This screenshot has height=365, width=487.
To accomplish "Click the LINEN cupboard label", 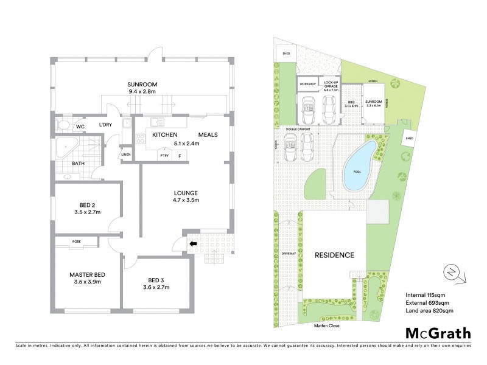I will tap(126, 155).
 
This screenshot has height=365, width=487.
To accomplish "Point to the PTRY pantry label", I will tap(164, 156).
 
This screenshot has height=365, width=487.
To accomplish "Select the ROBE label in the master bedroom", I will tap(76, 242).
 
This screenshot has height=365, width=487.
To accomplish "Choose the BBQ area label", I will tap(351, 102).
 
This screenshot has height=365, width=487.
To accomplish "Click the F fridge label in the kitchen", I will tap(180, 156).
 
